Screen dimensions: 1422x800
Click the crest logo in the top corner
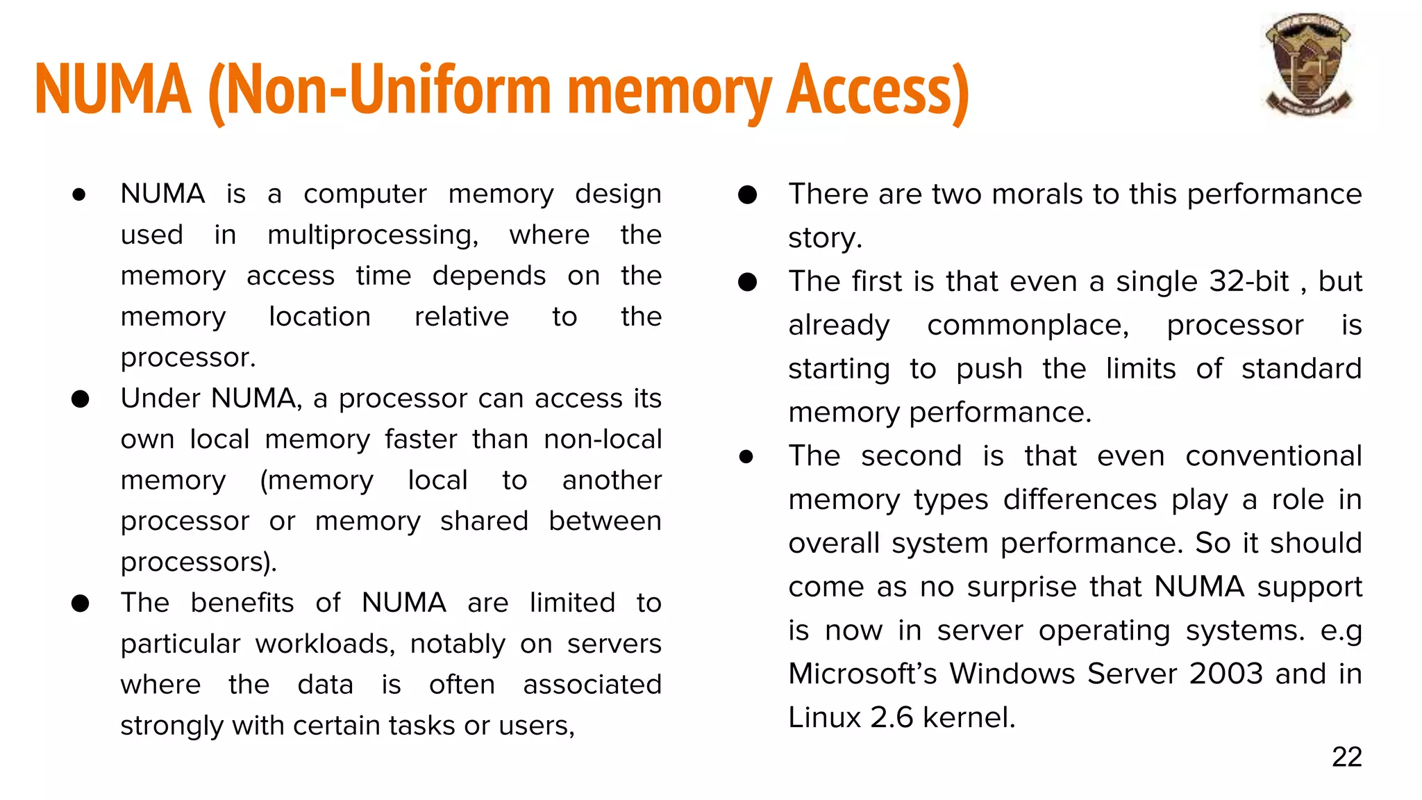[1308, 65]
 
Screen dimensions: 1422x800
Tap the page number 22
[1346, 757]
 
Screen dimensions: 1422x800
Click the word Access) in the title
[878, 90]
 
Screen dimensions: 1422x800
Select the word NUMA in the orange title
[113, 90]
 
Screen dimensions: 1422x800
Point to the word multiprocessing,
[373, 235]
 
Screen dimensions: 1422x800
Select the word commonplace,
[1028, 325]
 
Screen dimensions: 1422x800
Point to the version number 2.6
[892, 717]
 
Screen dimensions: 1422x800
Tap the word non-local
[602, 439]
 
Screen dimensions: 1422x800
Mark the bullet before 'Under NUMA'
[81, 399]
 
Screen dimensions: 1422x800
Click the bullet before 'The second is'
[746, 456]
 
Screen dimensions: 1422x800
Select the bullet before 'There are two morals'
[747, 195]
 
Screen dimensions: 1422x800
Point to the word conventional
[1273, 456]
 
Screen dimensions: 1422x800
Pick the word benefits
[242, 603]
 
